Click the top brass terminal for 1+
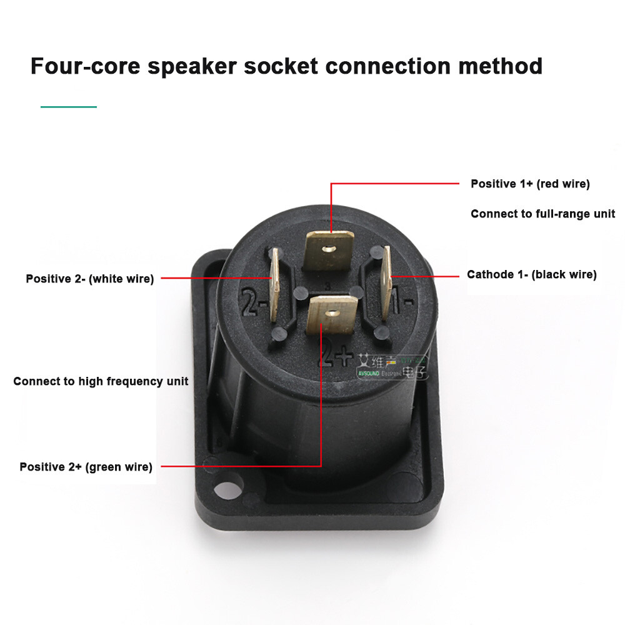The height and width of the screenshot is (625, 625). click(x=329, y=249)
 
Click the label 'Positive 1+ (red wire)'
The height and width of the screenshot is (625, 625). click(x=530, y=184)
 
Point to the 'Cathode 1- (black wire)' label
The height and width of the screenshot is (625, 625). click(x=531, y=274)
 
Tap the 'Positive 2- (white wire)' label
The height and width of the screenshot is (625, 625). click(x=89, y=279)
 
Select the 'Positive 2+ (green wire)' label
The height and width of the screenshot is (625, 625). click(x=86, y=466)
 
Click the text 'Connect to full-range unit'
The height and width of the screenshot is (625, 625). click(x=542, y=214)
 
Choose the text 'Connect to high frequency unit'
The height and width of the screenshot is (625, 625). click(x=101, y=381)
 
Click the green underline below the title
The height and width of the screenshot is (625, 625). click(x=69, y=107)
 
